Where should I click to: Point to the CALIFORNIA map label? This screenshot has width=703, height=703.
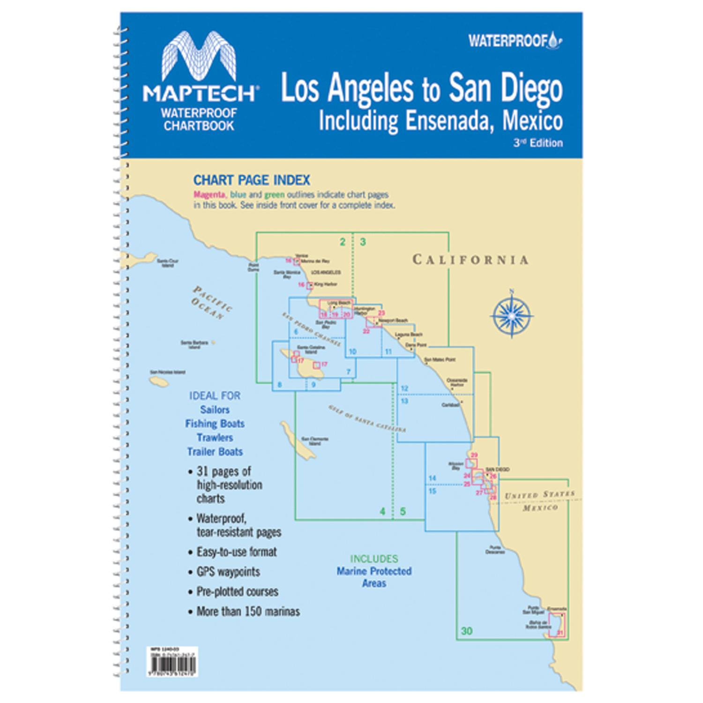[470, 260]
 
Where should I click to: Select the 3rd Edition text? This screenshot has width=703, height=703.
[538, 143]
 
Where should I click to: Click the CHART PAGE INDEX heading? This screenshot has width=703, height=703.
[252, 180]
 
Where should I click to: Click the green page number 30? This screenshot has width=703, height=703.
[466, 631]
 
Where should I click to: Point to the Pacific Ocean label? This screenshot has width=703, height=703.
[211, 303]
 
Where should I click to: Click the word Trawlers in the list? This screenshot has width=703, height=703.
[215, 438]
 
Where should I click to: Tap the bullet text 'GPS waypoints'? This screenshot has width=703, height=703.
[228, 572]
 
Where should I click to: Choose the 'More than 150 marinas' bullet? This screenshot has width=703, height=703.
[248, 612]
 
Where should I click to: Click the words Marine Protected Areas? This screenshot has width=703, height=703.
[374, 577]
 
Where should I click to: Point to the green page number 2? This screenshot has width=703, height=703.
[343, 242]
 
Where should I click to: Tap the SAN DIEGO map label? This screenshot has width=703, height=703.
[497, 469]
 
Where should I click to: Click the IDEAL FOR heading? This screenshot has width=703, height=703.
[215, 396]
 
